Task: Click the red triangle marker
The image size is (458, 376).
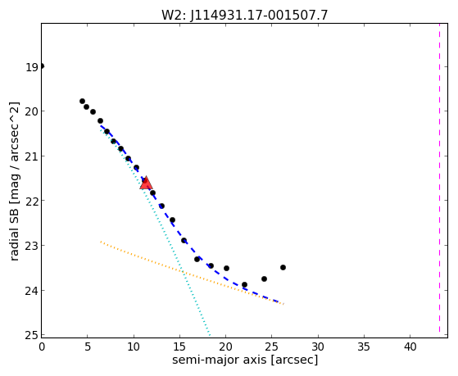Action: [146, 183]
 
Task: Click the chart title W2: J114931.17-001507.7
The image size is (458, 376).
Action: [245, 15]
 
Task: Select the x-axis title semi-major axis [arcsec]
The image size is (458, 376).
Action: [245, 360]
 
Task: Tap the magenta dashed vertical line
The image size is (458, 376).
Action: [439, 178]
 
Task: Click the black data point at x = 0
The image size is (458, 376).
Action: [42, 66]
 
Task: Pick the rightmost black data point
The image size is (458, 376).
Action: [283, 267]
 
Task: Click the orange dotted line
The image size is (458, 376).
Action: [192, 273]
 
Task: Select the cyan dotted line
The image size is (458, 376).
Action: [155, 232]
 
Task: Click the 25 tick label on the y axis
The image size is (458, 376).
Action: [31, 335]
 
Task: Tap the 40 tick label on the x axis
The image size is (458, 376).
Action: [410, 347]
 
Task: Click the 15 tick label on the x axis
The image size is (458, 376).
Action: [179, 347]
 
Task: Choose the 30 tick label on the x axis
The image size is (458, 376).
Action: [318, 347]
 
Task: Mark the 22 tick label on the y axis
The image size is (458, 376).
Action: [31, 201]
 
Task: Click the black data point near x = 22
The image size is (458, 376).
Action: [244, 284]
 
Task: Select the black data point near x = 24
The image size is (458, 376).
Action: [264, 279]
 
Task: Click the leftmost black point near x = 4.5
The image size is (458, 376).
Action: [83, 101]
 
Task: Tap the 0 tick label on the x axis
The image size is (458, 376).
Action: [42, 347]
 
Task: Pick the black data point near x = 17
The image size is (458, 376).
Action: [197, 259]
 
